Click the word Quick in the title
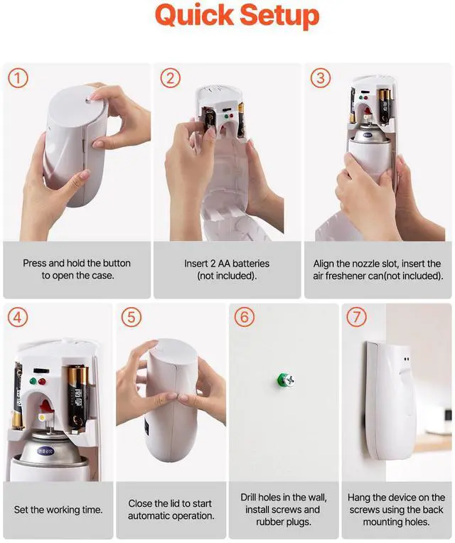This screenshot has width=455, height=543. tap(192, 15)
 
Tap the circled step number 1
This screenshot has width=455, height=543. tap(18, 78)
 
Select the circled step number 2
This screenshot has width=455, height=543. tap(169, 78)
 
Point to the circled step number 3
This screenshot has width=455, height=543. tap(319, 78)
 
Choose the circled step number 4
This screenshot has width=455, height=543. tap(18, 318)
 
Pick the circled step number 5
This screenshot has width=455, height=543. tap(131, 318)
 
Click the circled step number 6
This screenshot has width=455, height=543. tap(244, 318)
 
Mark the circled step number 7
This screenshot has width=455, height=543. tap(356, 318)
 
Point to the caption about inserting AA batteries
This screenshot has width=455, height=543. tap(227, 269)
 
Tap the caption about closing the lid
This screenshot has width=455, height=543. tap(171, 510)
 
